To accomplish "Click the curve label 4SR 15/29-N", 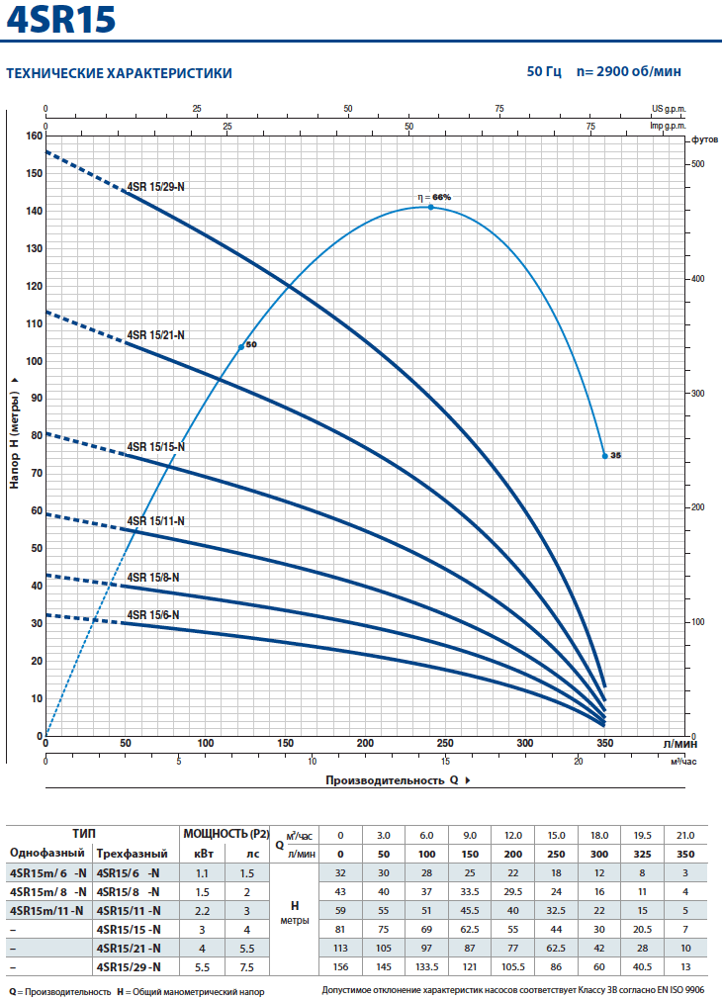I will click(x=156, y=185).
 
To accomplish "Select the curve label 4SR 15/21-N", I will click(x=156, y=335).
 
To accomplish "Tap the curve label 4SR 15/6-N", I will click(x=153, y=614).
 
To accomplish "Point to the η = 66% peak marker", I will click(x=431, y=207).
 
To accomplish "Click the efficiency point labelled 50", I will click(x=240, y=346).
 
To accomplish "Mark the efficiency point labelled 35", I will click(x=604, y=455).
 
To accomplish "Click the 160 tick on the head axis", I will click(x=35, y=136).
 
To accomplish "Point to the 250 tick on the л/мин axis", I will click(x=445, y=743).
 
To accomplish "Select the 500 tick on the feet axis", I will click(x=698, y=163).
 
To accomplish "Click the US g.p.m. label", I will click(x=669, y=109).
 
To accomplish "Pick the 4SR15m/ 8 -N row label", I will click(x=47, y=891).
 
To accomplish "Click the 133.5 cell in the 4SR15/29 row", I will click(x=425, y=966).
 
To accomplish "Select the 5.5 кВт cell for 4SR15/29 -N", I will click(x=202, y=966).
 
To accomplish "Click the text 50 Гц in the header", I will click(x=544, y=72).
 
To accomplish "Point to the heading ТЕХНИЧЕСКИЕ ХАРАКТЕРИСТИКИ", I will click(x=120, y=73).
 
